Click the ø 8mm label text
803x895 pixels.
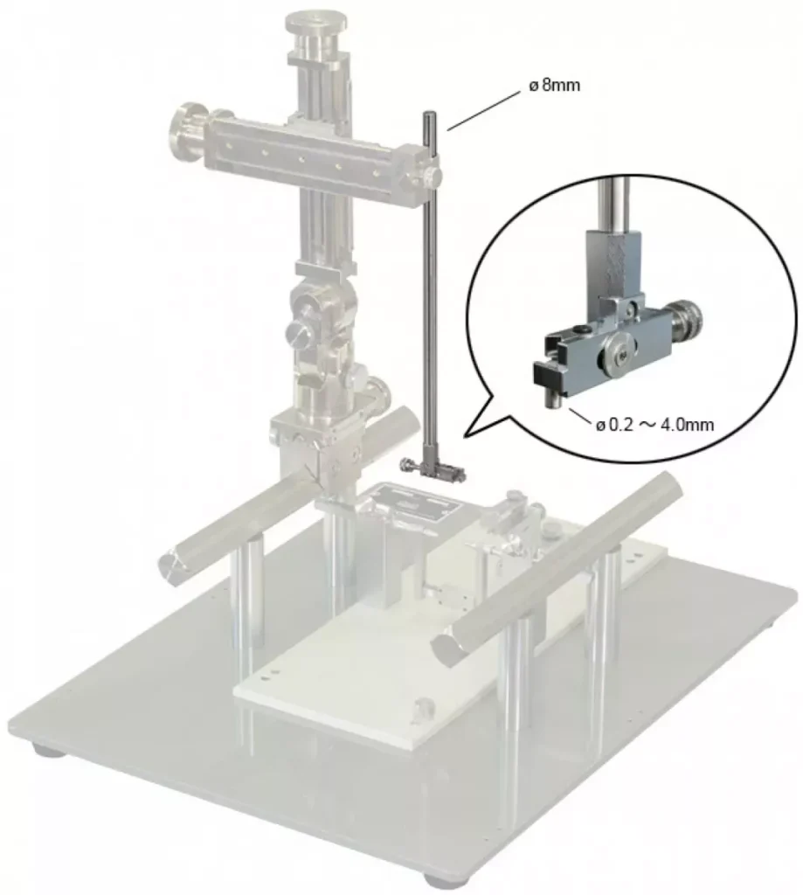[554, 86]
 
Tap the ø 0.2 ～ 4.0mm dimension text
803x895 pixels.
[654, 425]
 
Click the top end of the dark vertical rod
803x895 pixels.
[427, 114]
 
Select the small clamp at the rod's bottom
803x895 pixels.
[433, 469]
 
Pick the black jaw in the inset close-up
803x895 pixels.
[549, 377]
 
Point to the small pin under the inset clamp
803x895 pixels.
[555, 399]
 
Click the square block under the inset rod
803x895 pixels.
[612, 261]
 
